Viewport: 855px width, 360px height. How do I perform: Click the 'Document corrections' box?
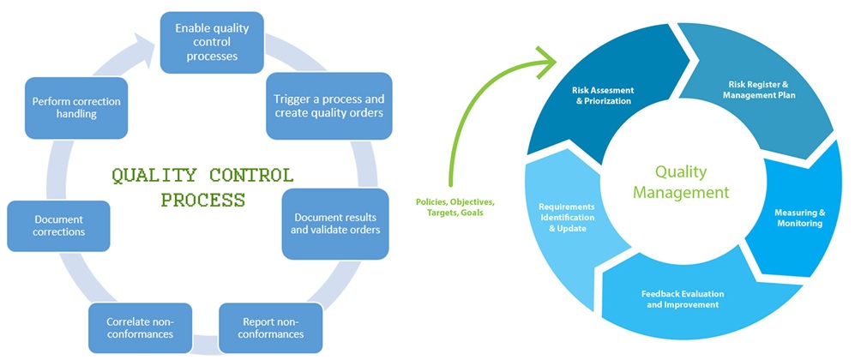[58, 225]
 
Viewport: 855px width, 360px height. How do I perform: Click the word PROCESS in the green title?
[202, 200]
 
